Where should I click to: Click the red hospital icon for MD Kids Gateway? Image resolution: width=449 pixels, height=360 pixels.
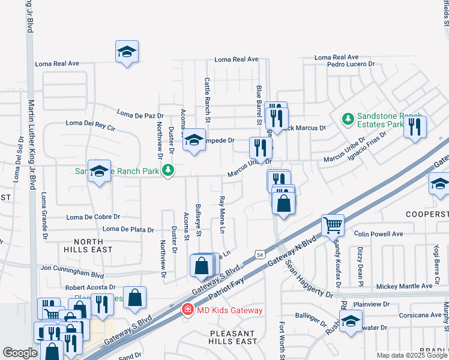pos(188,310)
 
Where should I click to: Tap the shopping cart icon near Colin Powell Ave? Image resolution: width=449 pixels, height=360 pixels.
pos(333,226)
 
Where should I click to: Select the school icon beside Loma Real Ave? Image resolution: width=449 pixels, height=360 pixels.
pos(127,52)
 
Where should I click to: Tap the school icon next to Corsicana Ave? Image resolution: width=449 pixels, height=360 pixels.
pos(351,320)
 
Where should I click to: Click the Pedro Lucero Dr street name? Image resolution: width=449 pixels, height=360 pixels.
pos(351,64)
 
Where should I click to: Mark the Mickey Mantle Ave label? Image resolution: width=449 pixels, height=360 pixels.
pos(402,286)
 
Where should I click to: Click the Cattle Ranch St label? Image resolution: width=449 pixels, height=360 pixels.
pos(208,99)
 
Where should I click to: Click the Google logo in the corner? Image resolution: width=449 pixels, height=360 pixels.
pos(20,353)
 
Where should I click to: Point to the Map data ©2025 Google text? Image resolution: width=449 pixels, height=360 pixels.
pos(412,355)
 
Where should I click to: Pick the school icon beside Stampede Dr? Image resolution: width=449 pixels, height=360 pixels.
pos(194,140)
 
